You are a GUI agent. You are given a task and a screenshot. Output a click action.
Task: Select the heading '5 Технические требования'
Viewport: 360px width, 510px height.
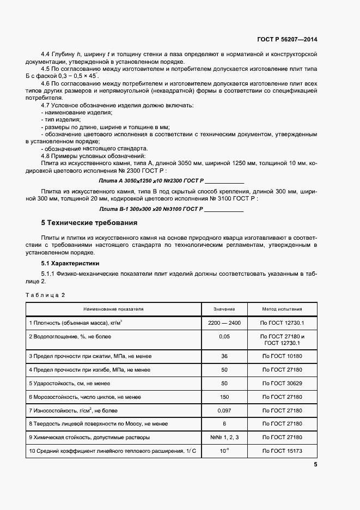(89, 223)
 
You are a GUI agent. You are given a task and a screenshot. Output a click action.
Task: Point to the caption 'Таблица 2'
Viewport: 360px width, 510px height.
(45, 295)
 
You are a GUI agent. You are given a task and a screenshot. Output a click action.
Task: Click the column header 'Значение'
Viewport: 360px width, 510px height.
(224, 308)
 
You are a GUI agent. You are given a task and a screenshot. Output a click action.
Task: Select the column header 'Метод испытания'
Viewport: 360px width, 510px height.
(283, 308)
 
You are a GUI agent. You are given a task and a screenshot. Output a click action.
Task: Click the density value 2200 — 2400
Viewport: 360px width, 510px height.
(224, 323)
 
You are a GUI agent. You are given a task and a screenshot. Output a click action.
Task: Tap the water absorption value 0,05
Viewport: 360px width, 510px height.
(224, 337)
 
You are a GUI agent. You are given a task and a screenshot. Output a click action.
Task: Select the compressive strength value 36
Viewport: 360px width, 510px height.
(224, 356)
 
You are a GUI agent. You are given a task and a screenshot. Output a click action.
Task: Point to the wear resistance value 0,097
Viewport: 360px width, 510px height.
(224, 409)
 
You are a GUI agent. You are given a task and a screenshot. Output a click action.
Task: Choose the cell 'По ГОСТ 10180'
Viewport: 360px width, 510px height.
(283, 356)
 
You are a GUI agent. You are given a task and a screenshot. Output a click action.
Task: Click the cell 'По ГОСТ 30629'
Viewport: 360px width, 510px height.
(283, 384)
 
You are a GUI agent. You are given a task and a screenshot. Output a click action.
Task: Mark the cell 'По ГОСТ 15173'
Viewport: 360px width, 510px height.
(283, 452)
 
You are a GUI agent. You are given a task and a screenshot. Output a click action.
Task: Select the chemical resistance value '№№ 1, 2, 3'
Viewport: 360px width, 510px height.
(224, 437)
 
